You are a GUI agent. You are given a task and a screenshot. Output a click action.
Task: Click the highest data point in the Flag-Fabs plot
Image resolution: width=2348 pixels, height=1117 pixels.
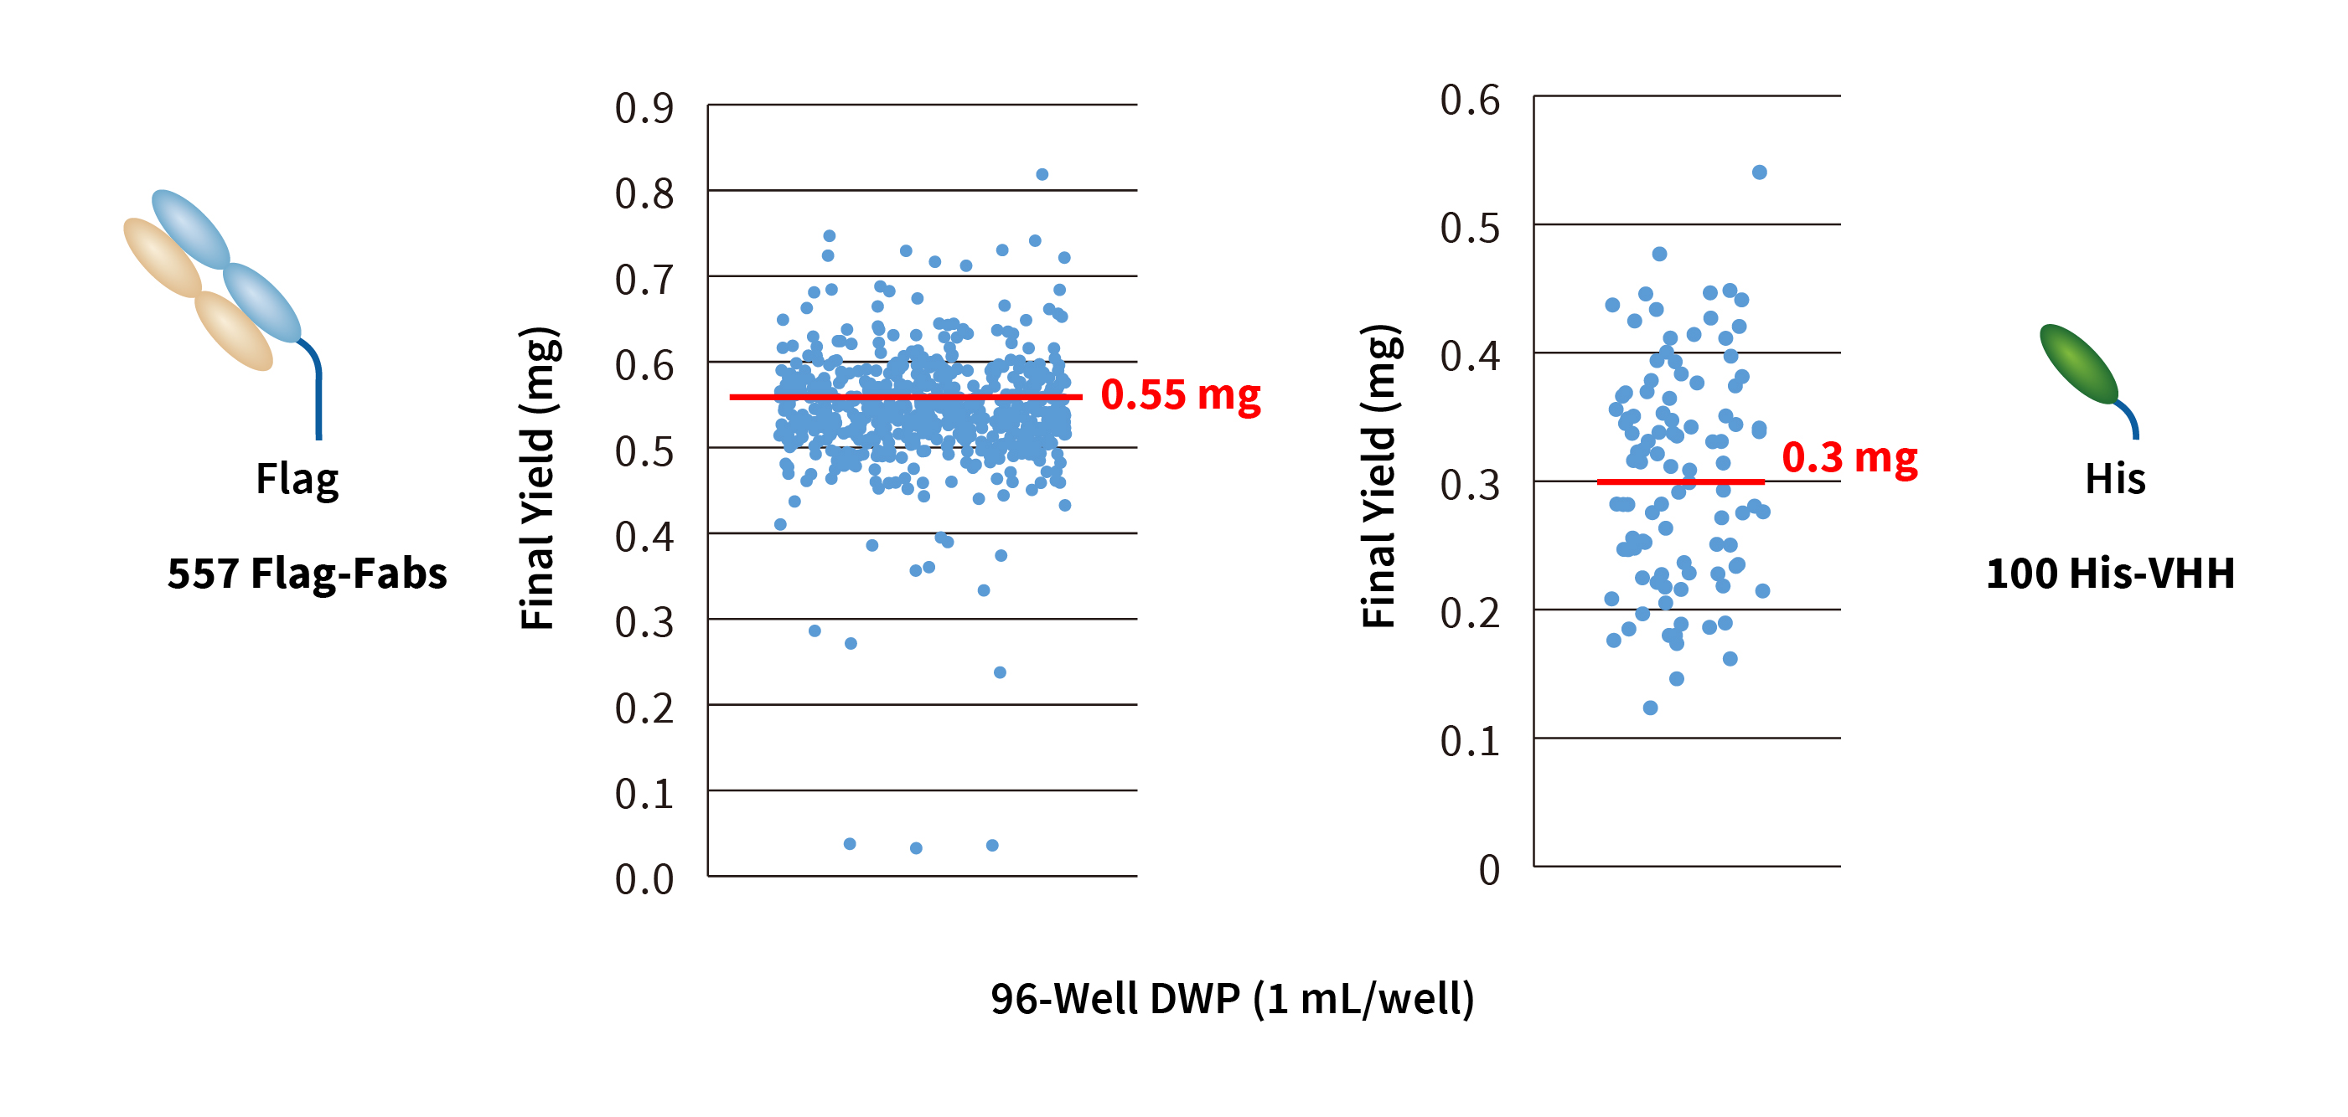(1042, 174)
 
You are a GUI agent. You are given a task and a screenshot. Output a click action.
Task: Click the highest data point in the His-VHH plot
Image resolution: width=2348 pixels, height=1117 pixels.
(1759, 172)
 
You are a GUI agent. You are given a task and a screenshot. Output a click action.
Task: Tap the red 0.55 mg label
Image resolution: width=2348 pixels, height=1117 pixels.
(1181, 395)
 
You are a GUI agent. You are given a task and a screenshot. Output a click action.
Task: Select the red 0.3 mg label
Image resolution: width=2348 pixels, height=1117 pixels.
(1849, 457)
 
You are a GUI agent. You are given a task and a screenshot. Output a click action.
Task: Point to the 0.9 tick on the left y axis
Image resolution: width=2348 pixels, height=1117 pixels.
(644, 108)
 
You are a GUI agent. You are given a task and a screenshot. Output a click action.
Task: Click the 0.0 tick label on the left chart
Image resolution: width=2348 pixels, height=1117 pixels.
(644, 879)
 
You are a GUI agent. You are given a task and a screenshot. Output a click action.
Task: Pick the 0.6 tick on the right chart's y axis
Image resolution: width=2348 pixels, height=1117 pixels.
(1469, 100)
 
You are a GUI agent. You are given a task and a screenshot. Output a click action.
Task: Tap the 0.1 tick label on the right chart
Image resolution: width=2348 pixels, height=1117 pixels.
(1469, 742)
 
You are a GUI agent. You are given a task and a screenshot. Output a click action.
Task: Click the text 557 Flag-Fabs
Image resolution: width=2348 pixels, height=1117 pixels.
(308, 574)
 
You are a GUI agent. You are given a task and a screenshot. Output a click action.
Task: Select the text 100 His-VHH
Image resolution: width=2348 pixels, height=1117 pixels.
(2110, 574)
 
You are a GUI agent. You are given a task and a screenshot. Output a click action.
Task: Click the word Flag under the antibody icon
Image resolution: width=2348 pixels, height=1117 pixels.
(297, 479)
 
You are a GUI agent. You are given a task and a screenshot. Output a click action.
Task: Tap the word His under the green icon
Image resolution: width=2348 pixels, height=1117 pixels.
(2115, 479)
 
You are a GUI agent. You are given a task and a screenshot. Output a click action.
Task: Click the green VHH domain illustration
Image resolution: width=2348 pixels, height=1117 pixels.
(2079, 364)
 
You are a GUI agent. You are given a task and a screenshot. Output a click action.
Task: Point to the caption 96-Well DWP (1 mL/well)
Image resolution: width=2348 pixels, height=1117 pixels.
(1233, 999)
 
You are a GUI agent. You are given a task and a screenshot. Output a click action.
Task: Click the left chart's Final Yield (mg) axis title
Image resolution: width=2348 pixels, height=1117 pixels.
(539, 478)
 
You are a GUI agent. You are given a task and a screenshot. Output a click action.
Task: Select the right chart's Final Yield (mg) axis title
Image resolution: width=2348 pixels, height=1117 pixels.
(1380, 476)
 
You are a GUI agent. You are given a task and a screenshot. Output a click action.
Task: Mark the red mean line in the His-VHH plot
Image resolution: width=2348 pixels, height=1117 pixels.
(1680, 481)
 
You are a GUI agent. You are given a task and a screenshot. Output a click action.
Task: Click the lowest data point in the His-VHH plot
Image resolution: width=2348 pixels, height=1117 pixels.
(1650, 708)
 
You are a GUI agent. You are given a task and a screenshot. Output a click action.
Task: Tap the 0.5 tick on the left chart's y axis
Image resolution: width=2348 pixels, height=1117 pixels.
(644, 452)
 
